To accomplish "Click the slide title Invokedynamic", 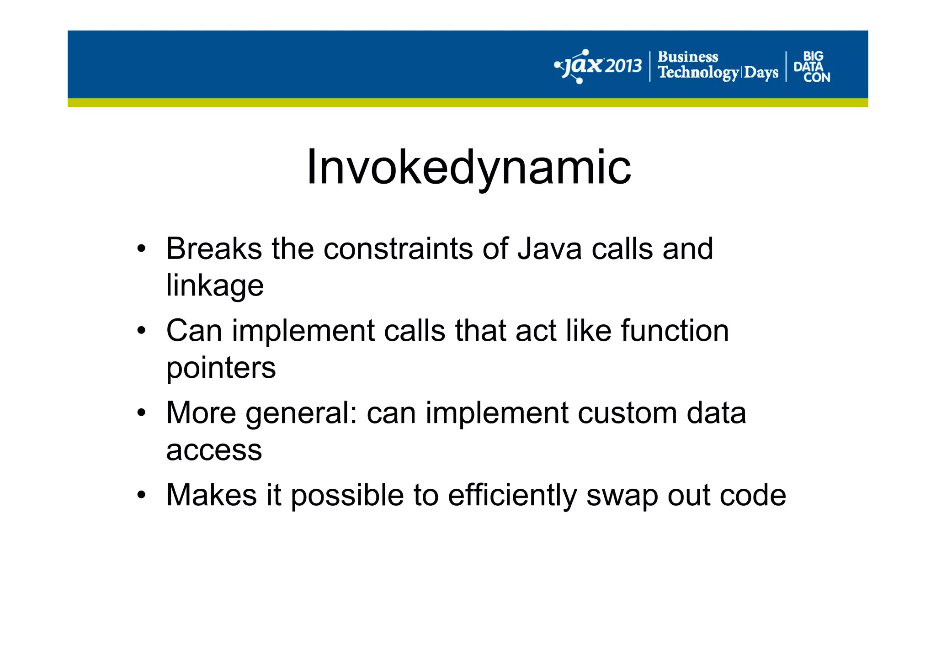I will pyautogui.click(x=468, y=168).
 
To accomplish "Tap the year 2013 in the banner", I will pyautogui.click(x=623, y=67).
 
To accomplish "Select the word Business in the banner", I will pyautogui.click(x=687, y=57).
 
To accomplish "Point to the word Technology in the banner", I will pyautogui.click(x=698, y=73).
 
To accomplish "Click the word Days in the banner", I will pyautogui.click(x=761, y=73).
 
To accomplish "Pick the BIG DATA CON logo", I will pyautogui.click(x=812, y=67).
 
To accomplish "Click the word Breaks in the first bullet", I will pyautogui.click(x=214, y=249).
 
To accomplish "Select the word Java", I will pyautogui.click(x=549, y=249).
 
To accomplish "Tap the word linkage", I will pyautogui.click(x=215, y=286).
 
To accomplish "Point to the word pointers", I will pyautogui.click(x=221, y=368).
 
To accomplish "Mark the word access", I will pyautogui.click(x=214, y=450).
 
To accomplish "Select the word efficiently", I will pyautogui.click(x=512, y=496).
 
